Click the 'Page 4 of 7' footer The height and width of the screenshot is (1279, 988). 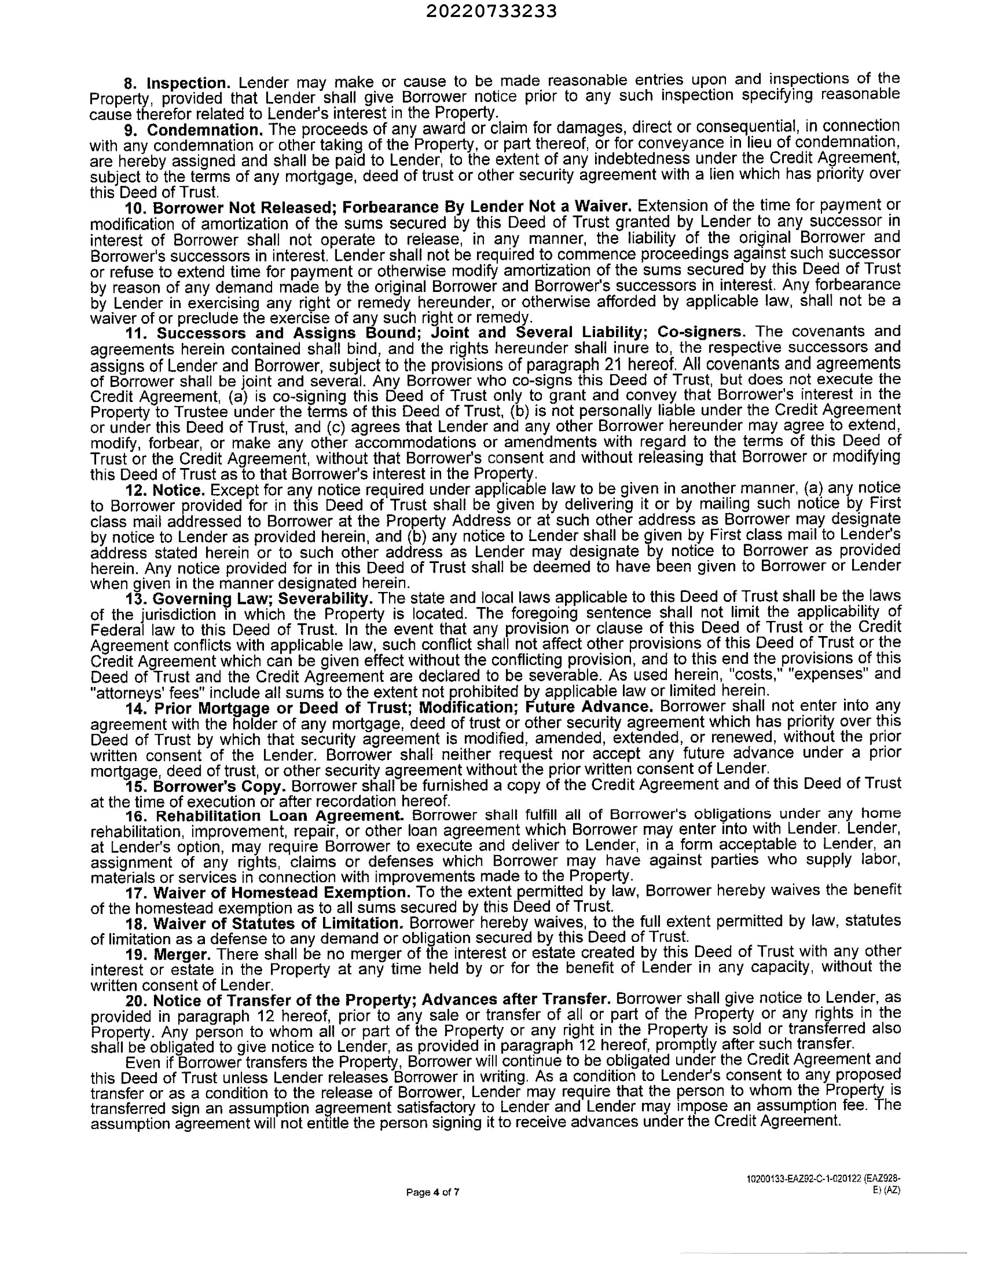coord(433,1192)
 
